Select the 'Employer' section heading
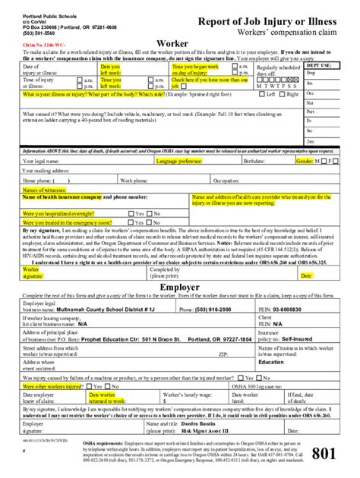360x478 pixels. [179, 287]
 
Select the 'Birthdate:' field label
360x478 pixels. [254, 162]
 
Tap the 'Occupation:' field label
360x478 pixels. [228, 181]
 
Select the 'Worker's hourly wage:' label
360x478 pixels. [187, 395]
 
